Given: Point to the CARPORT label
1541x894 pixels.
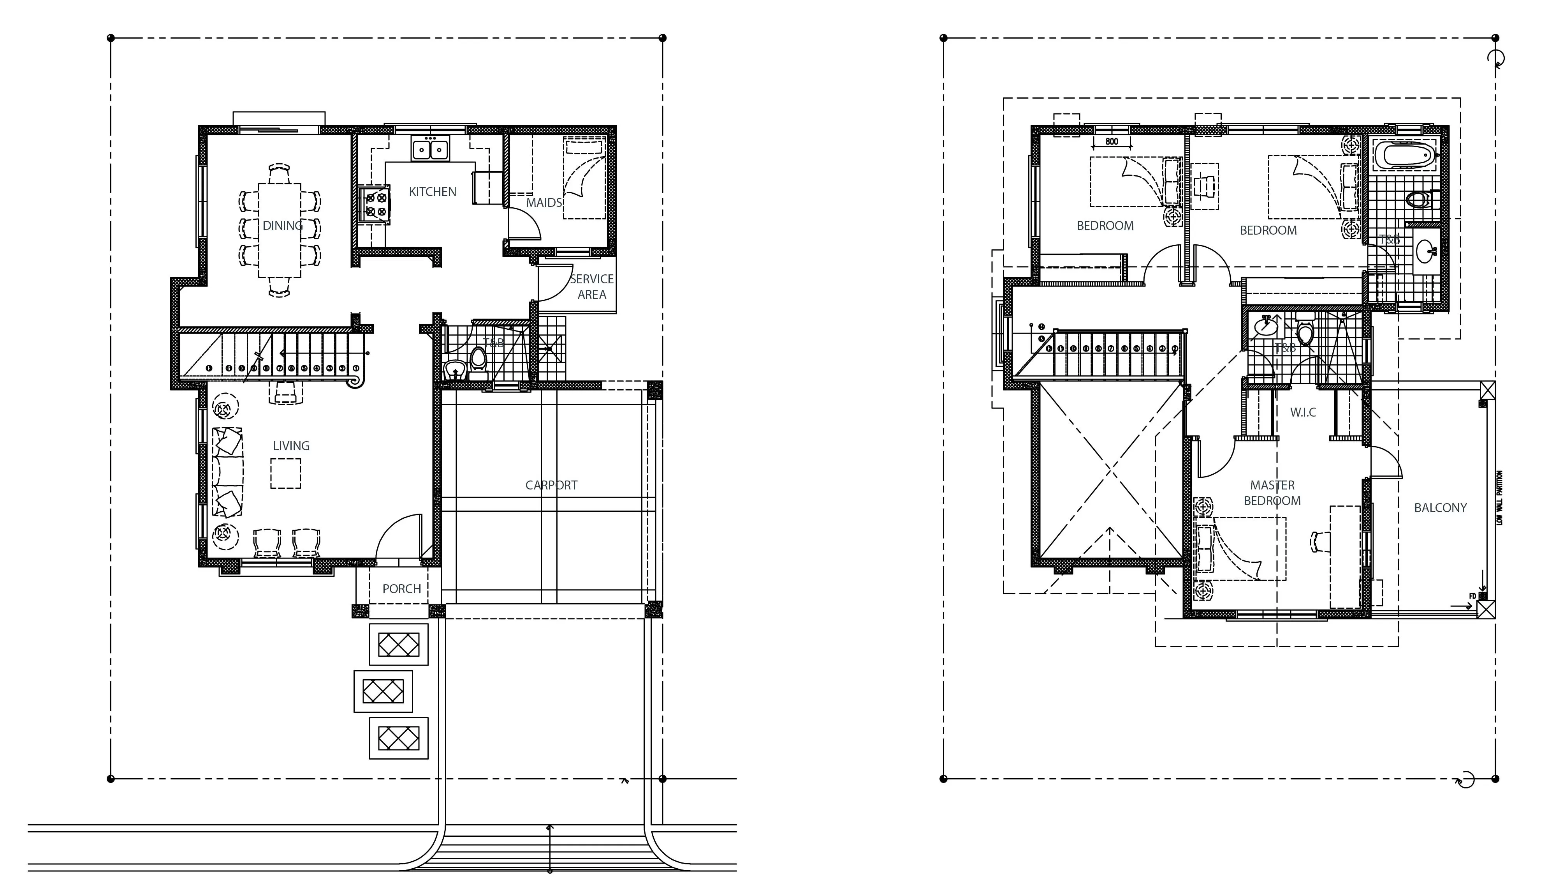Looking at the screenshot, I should [x=551, y=485].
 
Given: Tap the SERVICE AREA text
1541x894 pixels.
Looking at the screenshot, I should [x=591, y=286].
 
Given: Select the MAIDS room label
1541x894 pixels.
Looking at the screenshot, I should [x=544, y=203].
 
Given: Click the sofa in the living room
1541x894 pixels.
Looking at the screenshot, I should [x=227, y=472].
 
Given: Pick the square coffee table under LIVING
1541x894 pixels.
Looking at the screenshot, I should [x=285, y=474].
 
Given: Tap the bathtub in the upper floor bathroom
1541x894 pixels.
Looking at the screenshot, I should [x=1404, y=155].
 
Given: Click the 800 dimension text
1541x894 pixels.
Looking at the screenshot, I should [x=1111, y=141].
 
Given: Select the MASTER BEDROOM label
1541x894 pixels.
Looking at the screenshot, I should [x=1272, y=493].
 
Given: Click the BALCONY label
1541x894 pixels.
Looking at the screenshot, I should [x=1440, y=508].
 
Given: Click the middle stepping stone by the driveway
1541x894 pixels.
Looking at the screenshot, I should [x=383, y=691].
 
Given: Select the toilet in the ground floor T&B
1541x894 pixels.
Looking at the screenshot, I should [x=478, y=359].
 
